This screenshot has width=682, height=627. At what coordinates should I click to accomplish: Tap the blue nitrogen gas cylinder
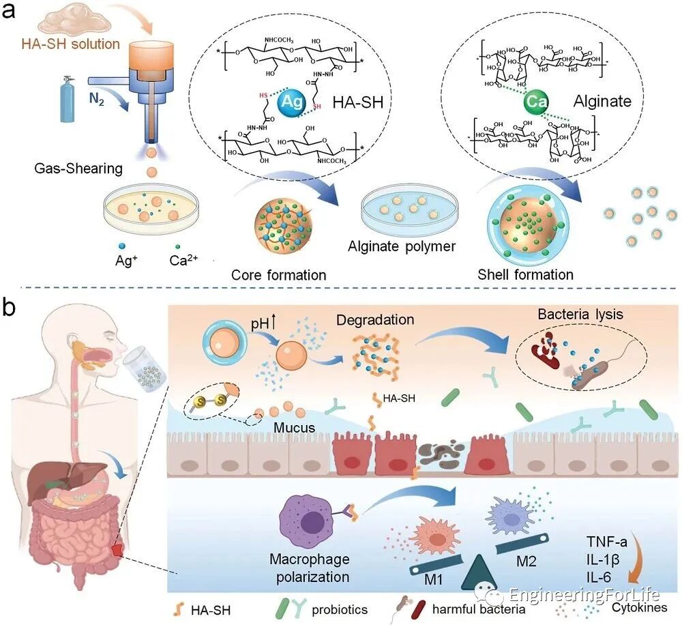[67, 103]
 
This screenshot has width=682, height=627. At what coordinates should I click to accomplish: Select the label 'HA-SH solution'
[70, 45]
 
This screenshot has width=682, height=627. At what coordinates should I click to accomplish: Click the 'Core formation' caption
[278, 275]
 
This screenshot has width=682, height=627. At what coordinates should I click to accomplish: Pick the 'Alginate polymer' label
[401, 246]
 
